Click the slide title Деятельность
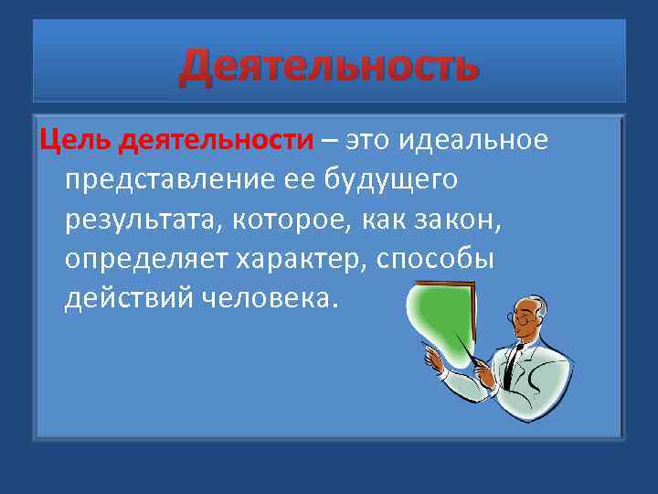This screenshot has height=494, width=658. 328,67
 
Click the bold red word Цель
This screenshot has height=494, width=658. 76,142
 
